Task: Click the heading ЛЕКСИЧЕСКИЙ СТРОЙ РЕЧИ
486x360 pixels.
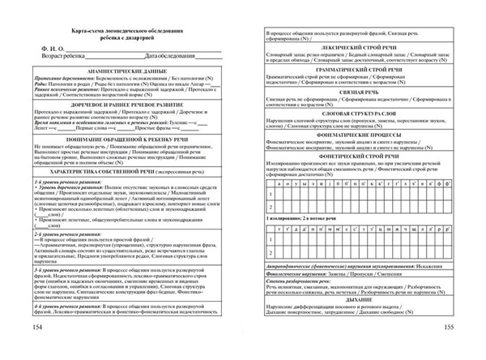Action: click(x=357, y=49)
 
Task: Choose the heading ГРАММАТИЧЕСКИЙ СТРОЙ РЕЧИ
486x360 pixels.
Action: click(x=357, y=71)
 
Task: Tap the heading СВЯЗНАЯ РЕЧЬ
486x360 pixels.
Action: click(x=357, y=94)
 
